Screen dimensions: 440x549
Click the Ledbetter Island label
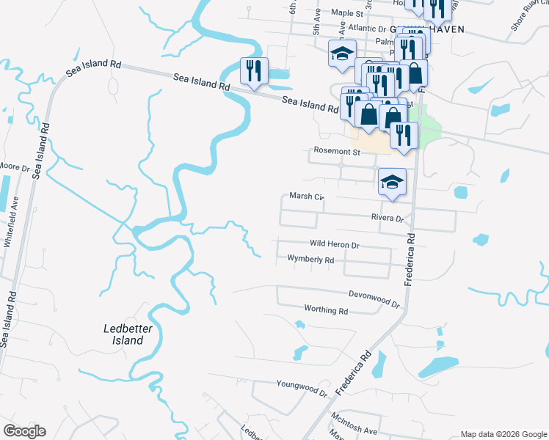123,334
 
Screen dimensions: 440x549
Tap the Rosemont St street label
337,152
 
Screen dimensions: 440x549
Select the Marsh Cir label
306,197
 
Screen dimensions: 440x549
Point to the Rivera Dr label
388,219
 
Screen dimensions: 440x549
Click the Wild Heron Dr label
334,245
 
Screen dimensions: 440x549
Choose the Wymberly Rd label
310,260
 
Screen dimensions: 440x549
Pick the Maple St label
347,12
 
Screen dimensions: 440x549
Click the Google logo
23,431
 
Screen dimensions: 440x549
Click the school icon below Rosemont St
392,182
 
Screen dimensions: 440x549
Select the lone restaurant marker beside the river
254,71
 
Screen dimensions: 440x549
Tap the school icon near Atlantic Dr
342,54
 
